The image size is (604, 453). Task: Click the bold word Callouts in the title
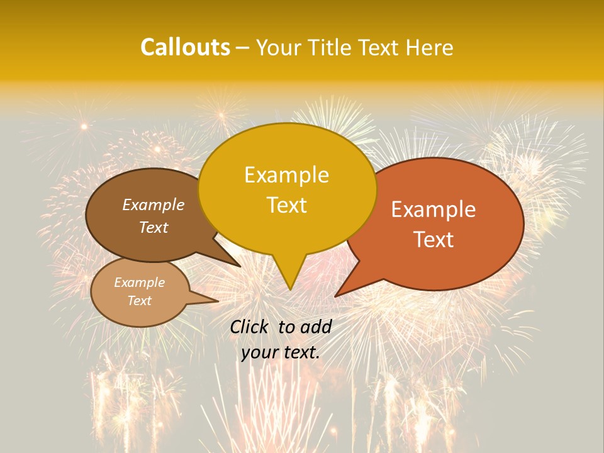pos(185,47)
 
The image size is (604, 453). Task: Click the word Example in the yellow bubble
pos(286,175)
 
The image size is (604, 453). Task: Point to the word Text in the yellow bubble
pos(286,205)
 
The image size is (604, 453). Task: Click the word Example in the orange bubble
pos(433,210)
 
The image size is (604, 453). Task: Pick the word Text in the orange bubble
pos(433,240)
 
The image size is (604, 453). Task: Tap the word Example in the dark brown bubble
pos(153,204)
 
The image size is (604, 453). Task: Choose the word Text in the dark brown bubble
pos(153,227)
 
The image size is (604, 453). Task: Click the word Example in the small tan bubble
pos(139,282)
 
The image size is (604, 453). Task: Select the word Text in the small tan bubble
pos(139,301)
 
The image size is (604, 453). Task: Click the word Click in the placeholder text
pos(250,327)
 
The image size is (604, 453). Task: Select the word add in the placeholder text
pos(316,327)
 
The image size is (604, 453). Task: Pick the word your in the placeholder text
pos(259,352)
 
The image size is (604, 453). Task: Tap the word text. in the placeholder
pos(300,352)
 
